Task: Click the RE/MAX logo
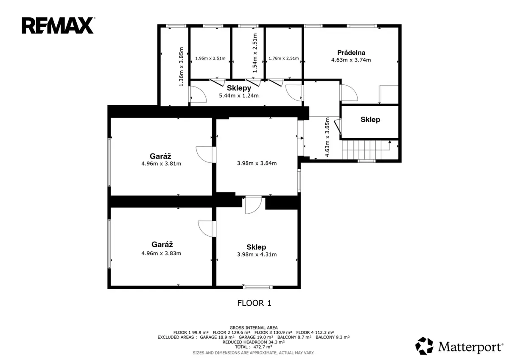click(x=58, y=25)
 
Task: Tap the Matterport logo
click(x=459, y=346)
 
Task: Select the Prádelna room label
click(x=351, y=53)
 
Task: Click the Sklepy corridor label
click(x=239, y=88)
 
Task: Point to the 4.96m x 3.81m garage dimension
click(x=161, y=164)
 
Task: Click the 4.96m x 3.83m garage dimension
click(x=161, y=253)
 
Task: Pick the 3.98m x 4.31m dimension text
click(x=257, y=254)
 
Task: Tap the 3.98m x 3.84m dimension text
click(x=257, y=163)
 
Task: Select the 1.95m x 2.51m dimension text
click(x=210, y=59)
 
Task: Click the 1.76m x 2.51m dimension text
click(x=284, y=59)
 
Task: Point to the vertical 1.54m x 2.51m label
click(x=255, y=53)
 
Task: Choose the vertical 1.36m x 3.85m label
click(x=181, y=67)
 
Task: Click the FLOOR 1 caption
click(x=254, y=303)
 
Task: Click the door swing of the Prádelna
click(x=350, y=93)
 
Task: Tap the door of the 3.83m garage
click(x=206, y=229)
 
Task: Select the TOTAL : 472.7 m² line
click(x=254, y=347)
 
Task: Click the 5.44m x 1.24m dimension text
click(x=239, y=96)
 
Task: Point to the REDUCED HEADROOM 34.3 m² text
click(x=254, y=342)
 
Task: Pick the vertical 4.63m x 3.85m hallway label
click(x=327, y=137)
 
